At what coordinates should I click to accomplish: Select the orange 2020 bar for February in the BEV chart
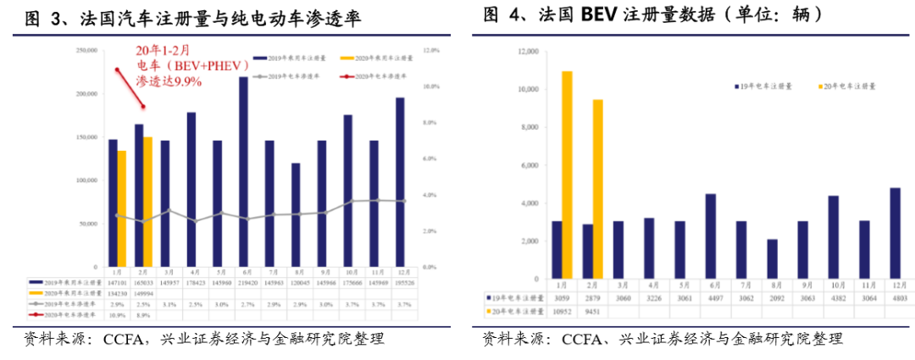click(x=598, y=191)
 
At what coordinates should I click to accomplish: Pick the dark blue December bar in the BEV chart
click(x=895, y=235)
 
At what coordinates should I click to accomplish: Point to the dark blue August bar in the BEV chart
click(x=772, y=260)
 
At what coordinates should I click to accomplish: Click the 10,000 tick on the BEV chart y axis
click(x=527, y=90)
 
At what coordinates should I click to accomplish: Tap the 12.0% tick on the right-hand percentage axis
click(x=432, y=51)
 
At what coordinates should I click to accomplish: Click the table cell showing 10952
click(x=562, y=310)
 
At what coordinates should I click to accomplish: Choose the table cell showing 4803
click(x=895, y=297)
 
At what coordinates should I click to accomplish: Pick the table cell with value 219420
click(x=244, y=282)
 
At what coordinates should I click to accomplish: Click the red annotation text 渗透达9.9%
click(x=169, y=81)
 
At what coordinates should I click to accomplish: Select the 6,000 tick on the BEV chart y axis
click(x=529, y=166)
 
